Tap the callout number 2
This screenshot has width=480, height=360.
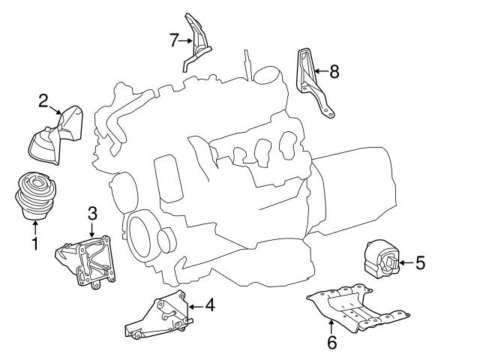(44, 100)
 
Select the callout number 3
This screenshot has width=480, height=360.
(92, 213)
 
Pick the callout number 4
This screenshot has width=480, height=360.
(210, 304)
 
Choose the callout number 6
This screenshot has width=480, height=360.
(332, 343)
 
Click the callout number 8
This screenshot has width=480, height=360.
(334, 72)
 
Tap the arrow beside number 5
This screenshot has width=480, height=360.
(403, 262)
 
